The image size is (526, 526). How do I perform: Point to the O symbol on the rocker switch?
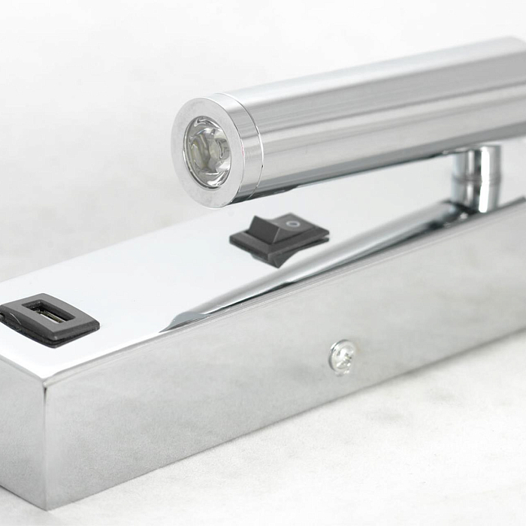coord(293,223)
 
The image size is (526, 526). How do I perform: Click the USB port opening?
coord(48,313)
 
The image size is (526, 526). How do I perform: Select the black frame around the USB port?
coord(75,328)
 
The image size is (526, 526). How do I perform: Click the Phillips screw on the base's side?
coord(343,356)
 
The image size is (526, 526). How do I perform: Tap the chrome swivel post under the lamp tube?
coord(477,177)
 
